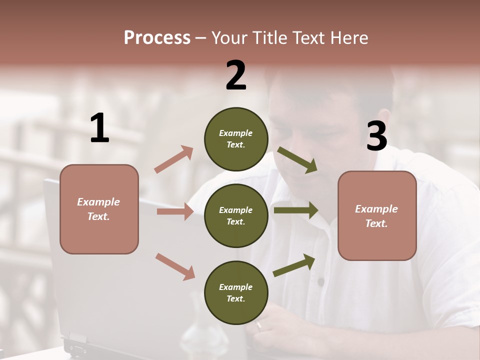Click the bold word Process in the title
pyautogui.click(x=157, y=37)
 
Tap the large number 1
pyautogui.click(x=99, y=128)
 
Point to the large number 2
pyautogui.click(x=236, y=75)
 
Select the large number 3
pyautogui.click(x=376, y=136)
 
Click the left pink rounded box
pyautogui.click(x=99, y=209)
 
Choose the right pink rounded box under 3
pyautogui.click(x=377, y=216)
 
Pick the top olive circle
pyautogui.click(x=236, y=139)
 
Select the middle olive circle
pyautogui.click(x=236, y=215)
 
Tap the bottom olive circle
pyautogui.click(x=236, y=292)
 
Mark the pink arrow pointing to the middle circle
pyautogui.click(x=175, y=212)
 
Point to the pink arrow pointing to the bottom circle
pyautogui.click(x=175, y=266)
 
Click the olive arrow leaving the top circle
pyautogui.click(x=297, y=159)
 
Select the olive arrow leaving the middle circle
pyautogui.click(x=295, y=210)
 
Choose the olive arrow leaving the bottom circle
pyautogui.click(x=294, y=265)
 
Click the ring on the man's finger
pyautogui.click(x=258, y=325)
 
